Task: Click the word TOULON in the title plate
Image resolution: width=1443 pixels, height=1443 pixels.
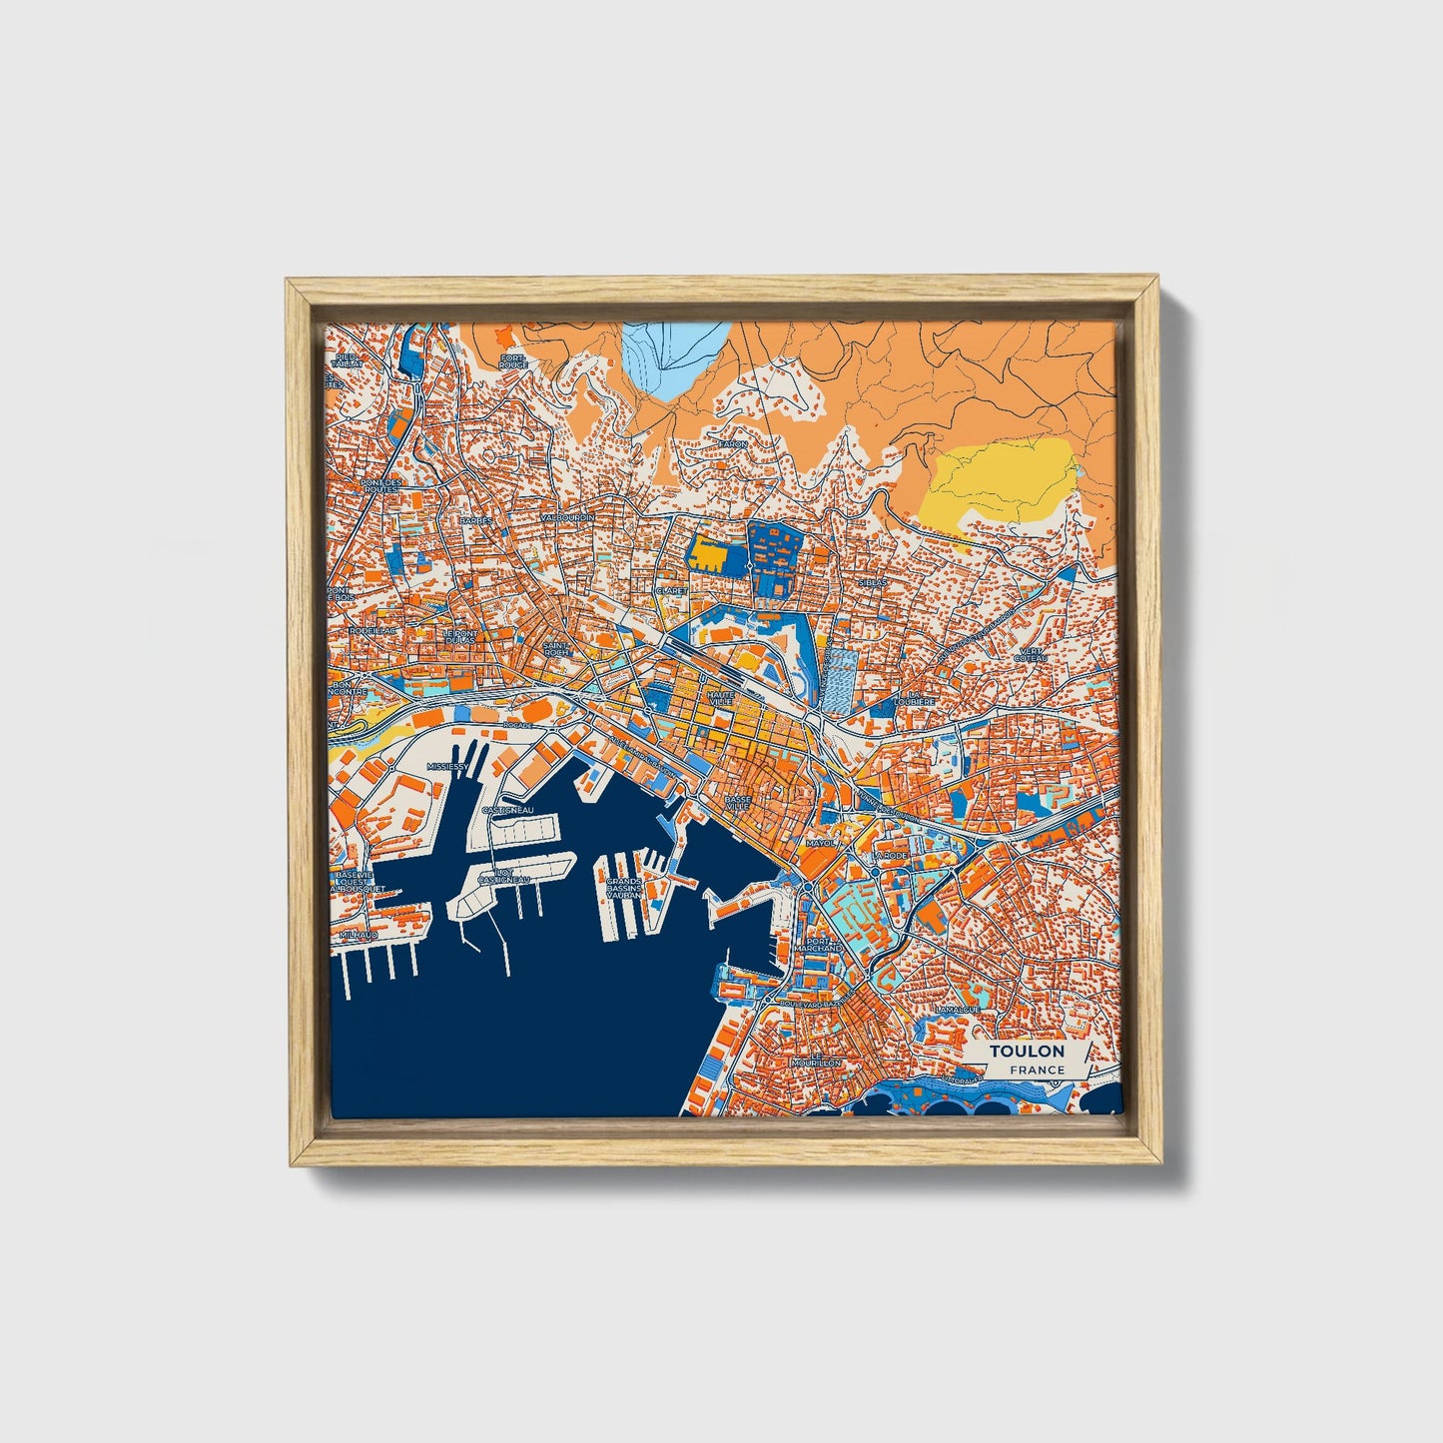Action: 1027,1051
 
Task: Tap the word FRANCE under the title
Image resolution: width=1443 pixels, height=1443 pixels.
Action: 1037,1070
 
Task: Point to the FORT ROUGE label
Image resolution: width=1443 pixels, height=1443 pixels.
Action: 513,361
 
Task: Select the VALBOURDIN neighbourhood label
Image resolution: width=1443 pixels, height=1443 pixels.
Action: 566,518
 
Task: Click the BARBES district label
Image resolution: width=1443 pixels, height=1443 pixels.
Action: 476,520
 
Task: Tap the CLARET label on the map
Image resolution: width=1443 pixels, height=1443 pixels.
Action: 671,590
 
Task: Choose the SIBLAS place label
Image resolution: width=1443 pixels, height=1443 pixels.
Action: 872,581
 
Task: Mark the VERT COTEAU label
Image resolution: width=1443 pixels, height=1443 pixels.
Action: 1030,654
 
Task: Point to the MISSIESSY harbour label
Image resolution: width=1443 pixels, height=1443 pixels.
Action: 446,766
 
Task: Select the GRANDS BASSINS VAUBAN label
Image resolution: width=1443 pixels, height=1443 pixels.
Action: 623,889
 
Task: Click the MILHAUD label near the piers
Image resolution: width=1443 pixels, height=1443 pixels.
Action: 359,934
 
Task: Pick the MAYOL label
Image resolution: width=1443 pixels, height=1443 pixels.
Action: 819,843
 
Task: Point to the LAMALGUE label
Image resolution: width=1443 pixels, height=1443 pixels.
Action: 957,1010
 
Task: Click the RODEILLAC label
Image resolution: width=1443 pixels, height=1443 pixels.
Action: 373,631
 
